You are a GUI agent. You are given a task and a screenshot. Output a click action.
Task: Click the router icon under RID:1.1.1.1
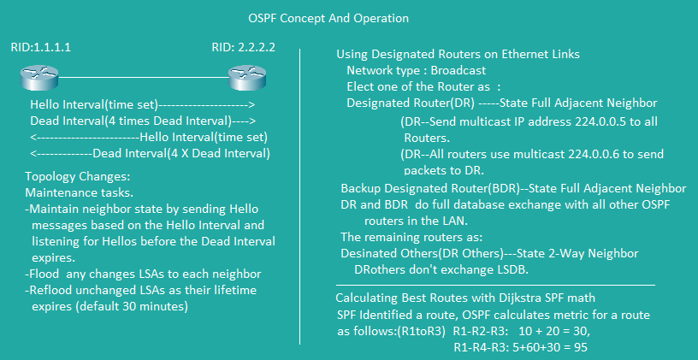[39, 79]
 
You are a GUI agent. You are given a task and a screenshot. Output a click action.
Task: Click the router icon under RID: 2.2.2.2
[248, 79]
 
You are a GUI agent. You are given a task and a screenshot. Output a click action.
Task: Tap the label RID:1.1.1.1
[41, 48]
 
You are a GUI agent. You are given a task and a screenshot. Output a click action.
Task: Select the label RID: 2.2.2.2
[243, 48]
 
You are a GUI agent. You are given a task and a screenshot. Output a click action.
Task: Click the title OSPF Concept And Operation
[328, 19]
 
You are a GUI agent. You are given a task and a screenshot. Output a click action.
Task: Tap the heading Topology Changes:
[78, 177]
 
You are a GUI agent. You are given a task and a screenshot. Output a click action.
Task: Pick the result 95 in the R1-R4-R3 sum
[581, 347]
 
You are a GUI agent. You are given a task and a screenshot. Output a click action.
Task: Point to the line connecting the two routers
[144, 78]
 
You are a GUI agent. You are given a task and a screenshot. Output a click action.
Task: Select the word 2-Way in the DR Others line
[575, 254]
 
